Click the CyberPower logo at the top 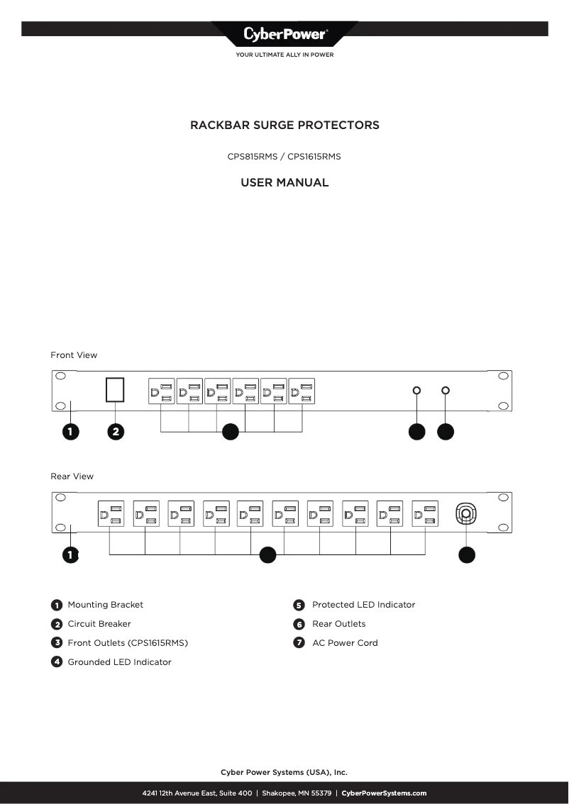click(284, 34)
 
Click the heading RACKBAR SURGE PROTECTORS click(284, 125)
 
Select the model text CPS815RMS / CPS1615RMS click(284, 157)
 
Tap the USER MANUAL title click(284, 183)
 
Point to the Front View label click(74, 355)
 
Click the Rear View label click(72, 476)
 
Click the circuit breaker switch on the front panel click(115, 391)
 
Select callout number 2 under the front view click(116, 432)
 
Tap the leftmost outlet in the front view click(161, 391)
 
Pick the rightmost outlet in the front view click(302, 391)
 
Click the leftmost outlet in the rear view click(110, 513)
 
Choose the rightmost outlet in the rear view click(425, 513)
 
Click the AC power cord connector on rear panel click(465, 513)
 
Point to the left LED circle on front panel click(416, 391)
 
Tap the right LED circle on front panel click(446, 391)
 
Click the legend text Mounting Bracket click(105, 605)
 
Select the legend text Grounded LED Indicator click(119, 662)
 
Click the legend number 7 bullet click(299, 643)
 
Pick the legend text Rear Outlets click(338, 624)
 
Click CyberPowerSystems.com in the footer click(384, 793)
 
